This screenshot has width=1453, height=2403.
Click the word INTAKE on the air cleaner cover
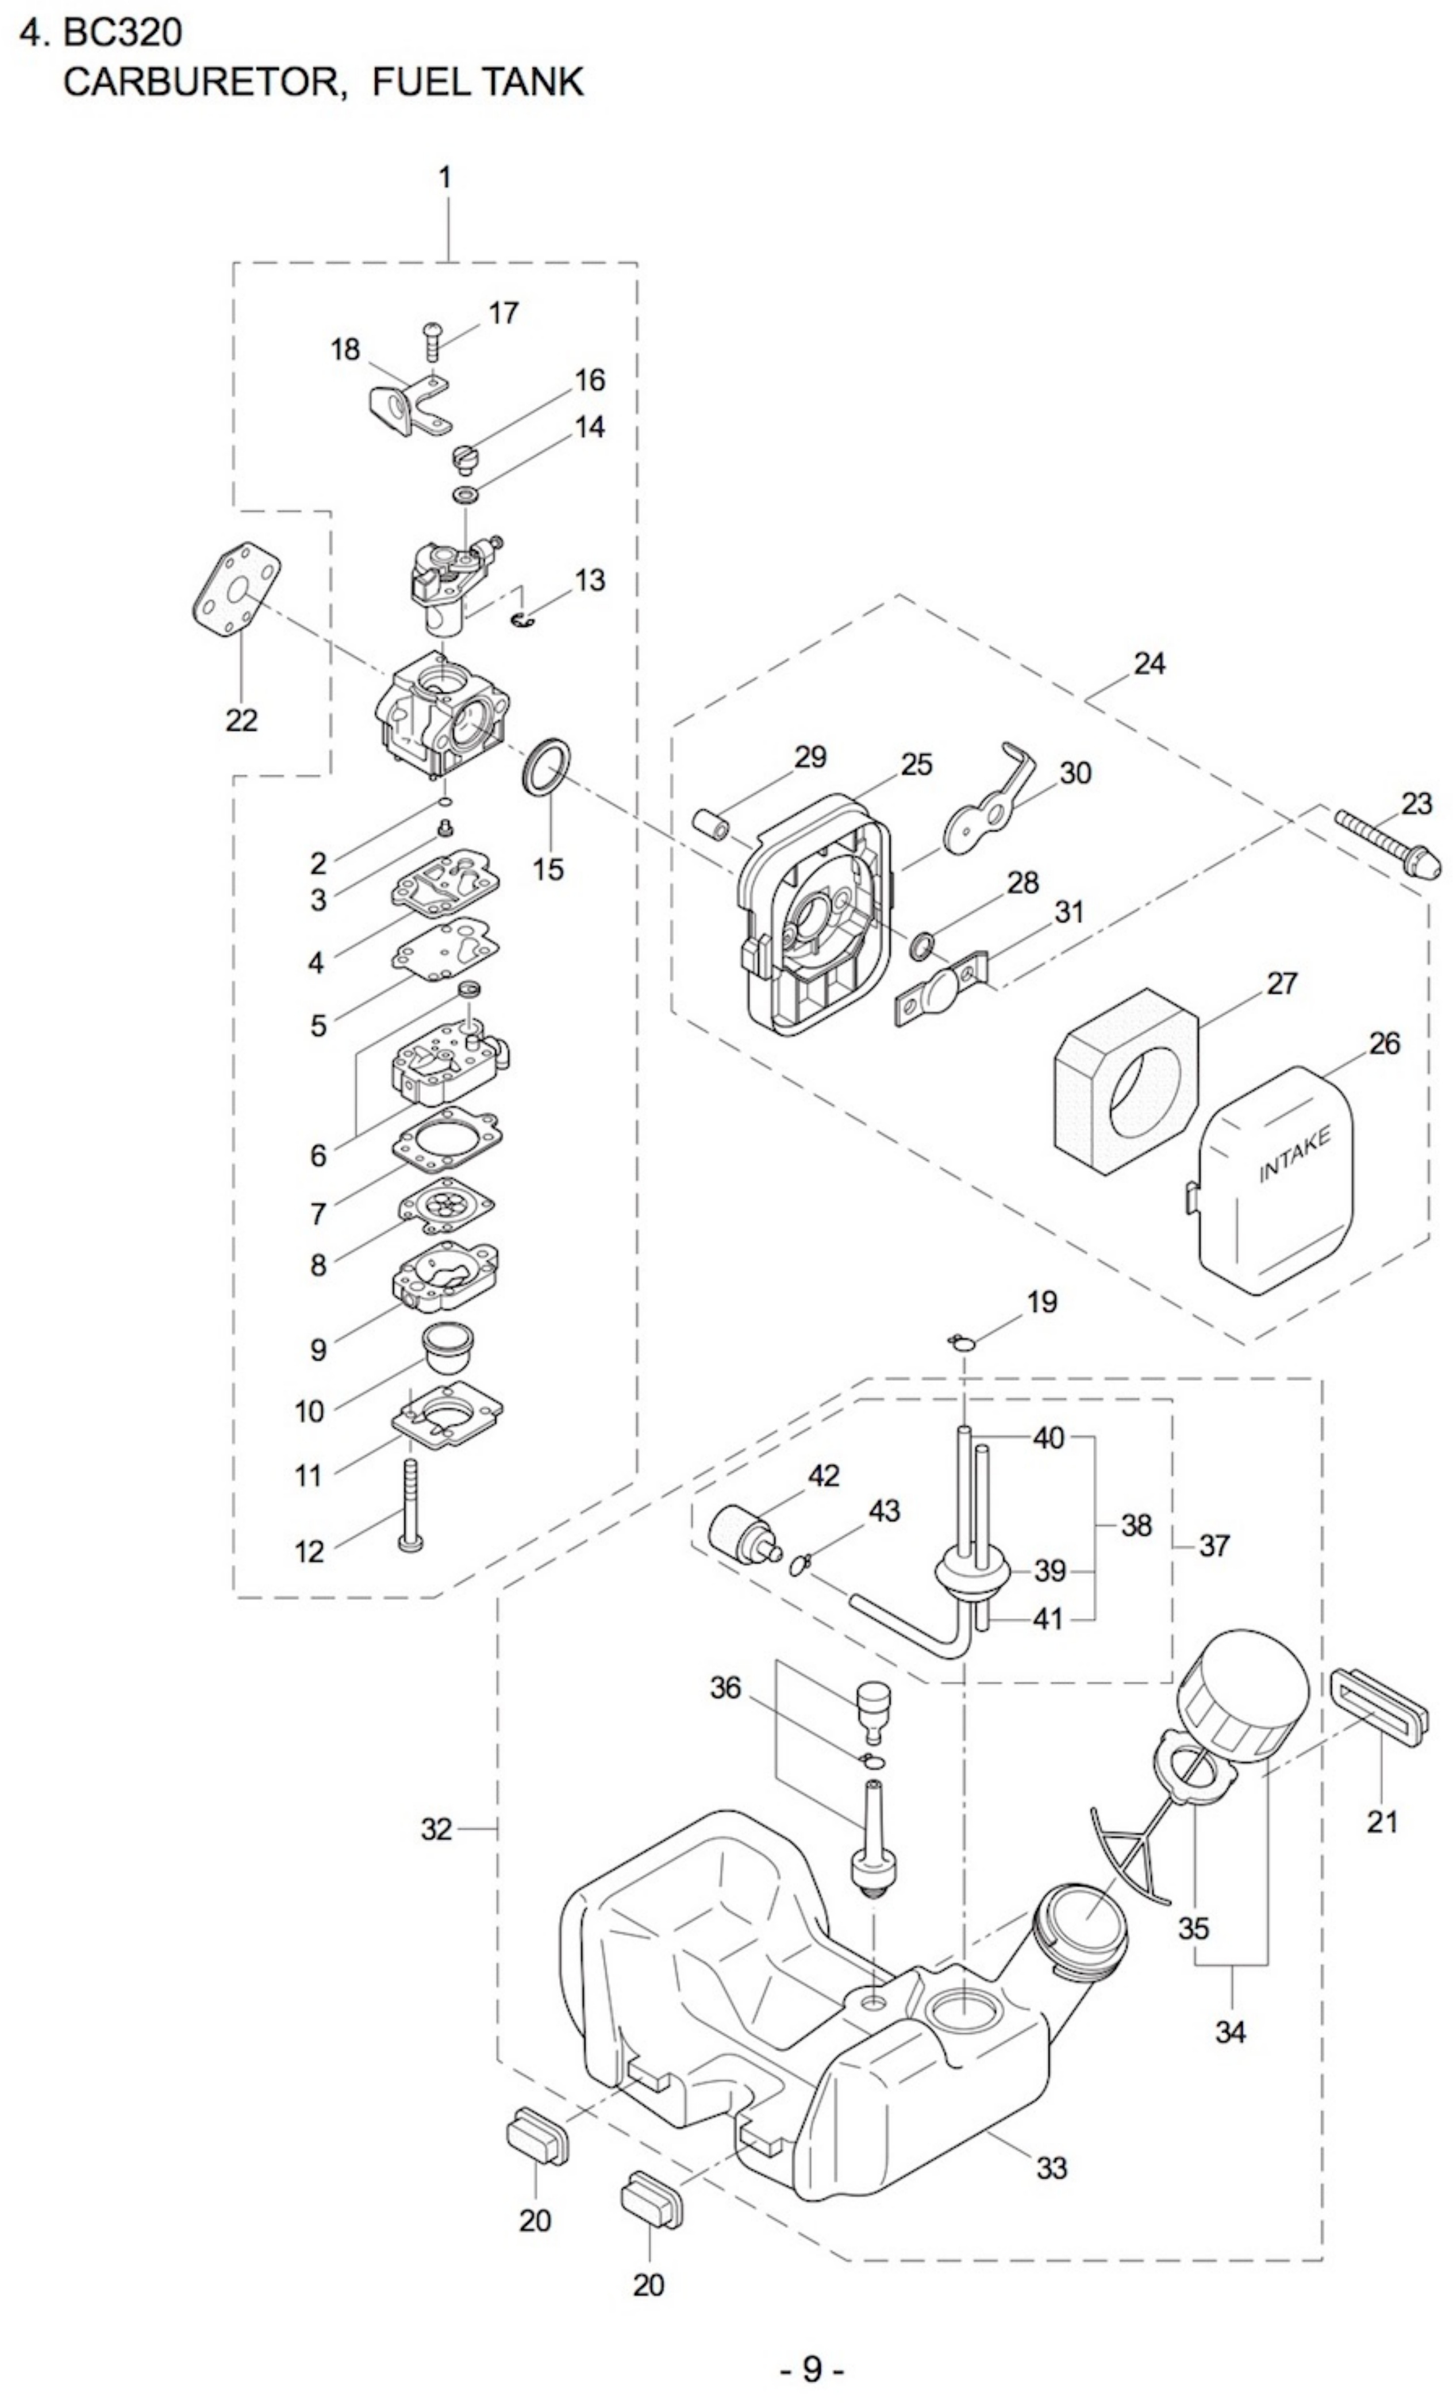[x=1294, y=1155]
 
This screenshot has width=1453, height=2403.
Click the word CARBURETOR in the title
[x=205, y=82]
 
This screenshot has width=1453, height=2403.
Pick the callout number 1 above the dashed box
[x=445, y=178]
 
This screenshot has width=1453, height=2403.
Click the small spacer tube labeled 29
[x=712, y=821]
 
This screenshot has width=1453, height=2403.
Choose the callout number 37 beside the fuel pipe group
[x=1214, y=1546]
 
